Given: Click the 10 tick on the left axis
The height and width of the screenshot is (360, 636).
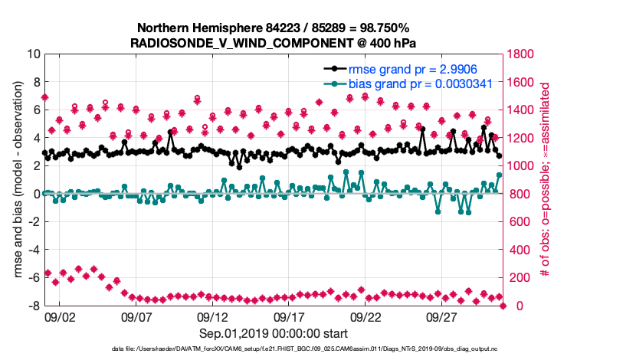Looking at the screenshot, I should tap(32, 54).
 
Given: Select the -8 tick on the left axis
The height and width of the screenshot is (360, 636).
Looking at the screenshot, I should tap(32, 306).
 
